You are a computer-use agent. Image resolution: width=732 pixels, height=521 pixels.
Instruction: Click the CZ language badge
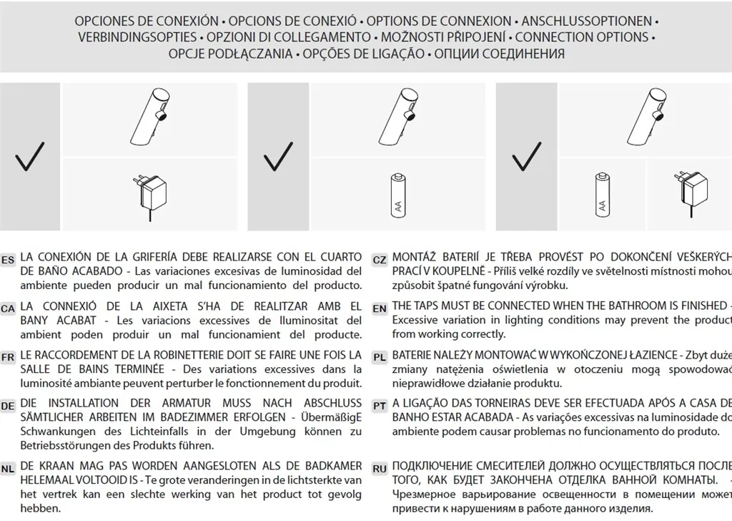pos(380,260)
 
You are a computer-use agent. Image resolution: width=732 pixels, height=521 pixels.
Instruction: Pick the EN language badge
pos(380,308)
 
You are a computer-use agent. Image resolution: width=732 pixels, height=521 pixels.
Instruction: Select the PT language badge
pos(380,406)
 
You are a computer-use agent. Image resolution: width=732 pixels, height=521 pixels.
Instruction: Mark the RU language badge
pos(380,469)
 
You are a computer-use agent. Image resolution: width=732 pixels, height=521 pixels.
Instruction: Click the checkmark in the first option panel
pos(30,156)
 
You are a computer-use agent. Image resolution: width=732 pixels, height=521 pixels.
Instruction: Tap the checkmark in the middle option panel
pos(278,156)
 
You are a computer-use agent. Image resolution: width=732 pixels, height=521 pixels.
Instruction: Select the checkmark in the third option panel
pos(526,156)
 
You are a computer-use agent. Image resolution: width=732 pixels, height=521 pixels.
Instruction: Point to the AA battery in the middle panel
pos(397,194)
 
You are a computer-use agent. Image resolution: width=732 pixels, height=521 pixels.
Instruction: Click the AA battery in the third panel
pos(603,194)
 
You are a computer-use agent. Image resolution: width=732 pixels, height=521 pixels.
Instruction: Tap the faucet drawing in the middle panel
pos(400,118)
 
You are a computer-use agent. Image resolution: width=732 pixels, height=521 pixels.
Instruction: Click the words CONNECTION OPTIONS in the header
pos(581,37)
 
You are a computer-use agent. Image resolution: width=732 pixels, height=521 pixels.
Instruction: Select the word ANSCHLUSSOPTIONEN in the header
pos(586,21)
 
